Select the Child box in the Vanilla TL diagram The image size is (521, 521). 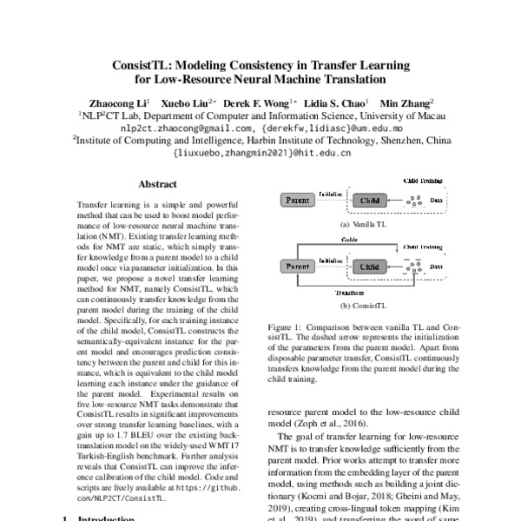(369, 201)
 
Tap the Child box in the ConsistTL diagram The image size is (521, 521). (369, 267)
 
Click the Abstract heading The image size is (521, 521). (157, 184)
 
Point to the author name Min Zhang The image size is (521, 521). (403, 102)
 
